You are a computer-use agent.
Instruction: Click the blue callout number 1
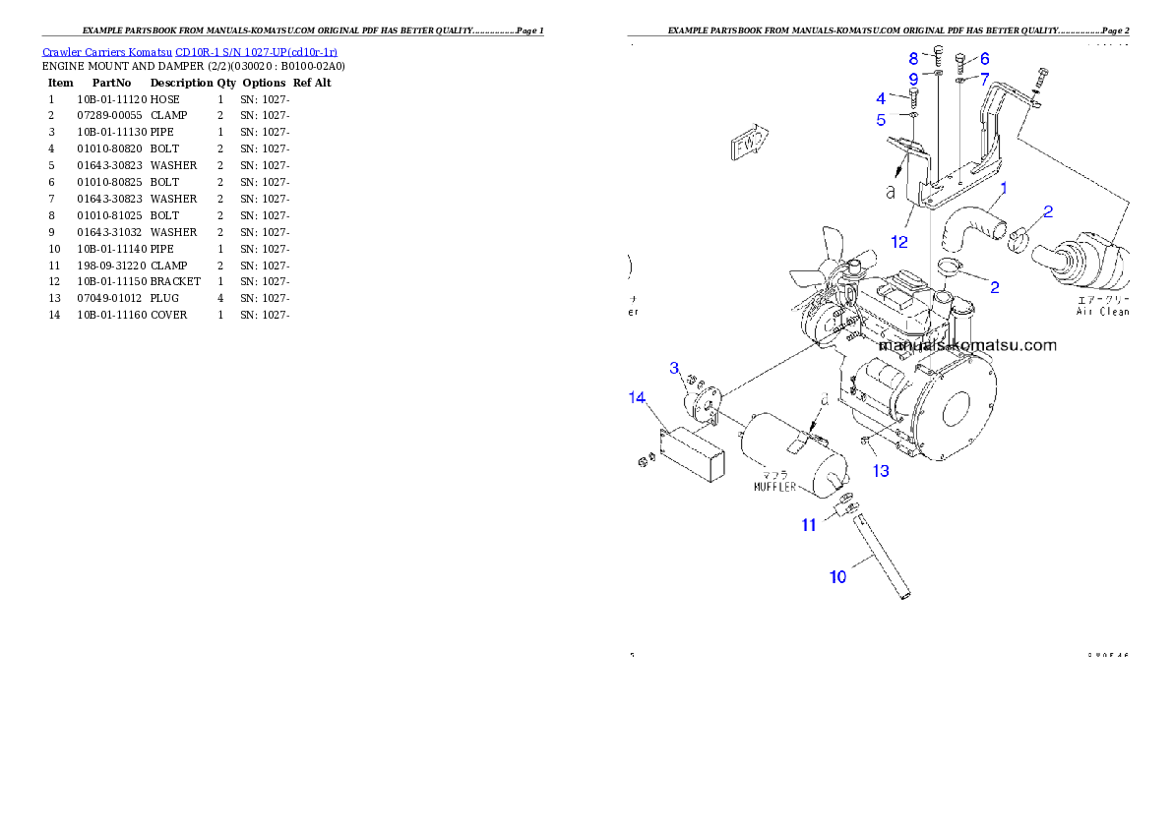(x=1004, y=187)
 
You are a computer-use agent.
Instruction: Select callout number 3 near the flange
(x=674, y=368)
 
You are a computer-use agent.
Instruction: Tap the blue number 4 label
(x=881, y=98)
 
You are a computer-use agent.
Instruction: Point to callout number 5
(x=881, y=120)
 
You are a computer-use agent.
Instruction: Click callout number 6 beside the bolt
(x=984, y=58)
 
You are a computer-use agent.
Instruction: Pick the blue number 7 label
(x=984, y=78)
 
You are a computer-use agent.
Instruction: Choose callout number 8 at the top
(x=913, y=58)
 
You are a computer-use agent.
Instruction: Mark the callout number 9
(x=913, y=79)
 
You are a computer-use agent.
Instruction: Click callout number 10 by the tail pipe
(x=837, y=577)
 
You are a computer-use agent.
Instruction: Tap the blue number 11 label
(x=809, y=525)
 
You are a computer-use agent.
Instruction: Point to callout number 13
(x=881, y=471)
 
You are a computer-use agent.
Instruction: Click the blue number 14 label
(x=638, y=397)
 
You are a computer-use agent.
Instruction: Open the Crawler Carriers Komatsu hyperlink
(x=190, y=52)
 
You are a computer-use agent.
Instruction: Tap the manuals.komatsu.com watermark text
(x=967, y=345)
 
